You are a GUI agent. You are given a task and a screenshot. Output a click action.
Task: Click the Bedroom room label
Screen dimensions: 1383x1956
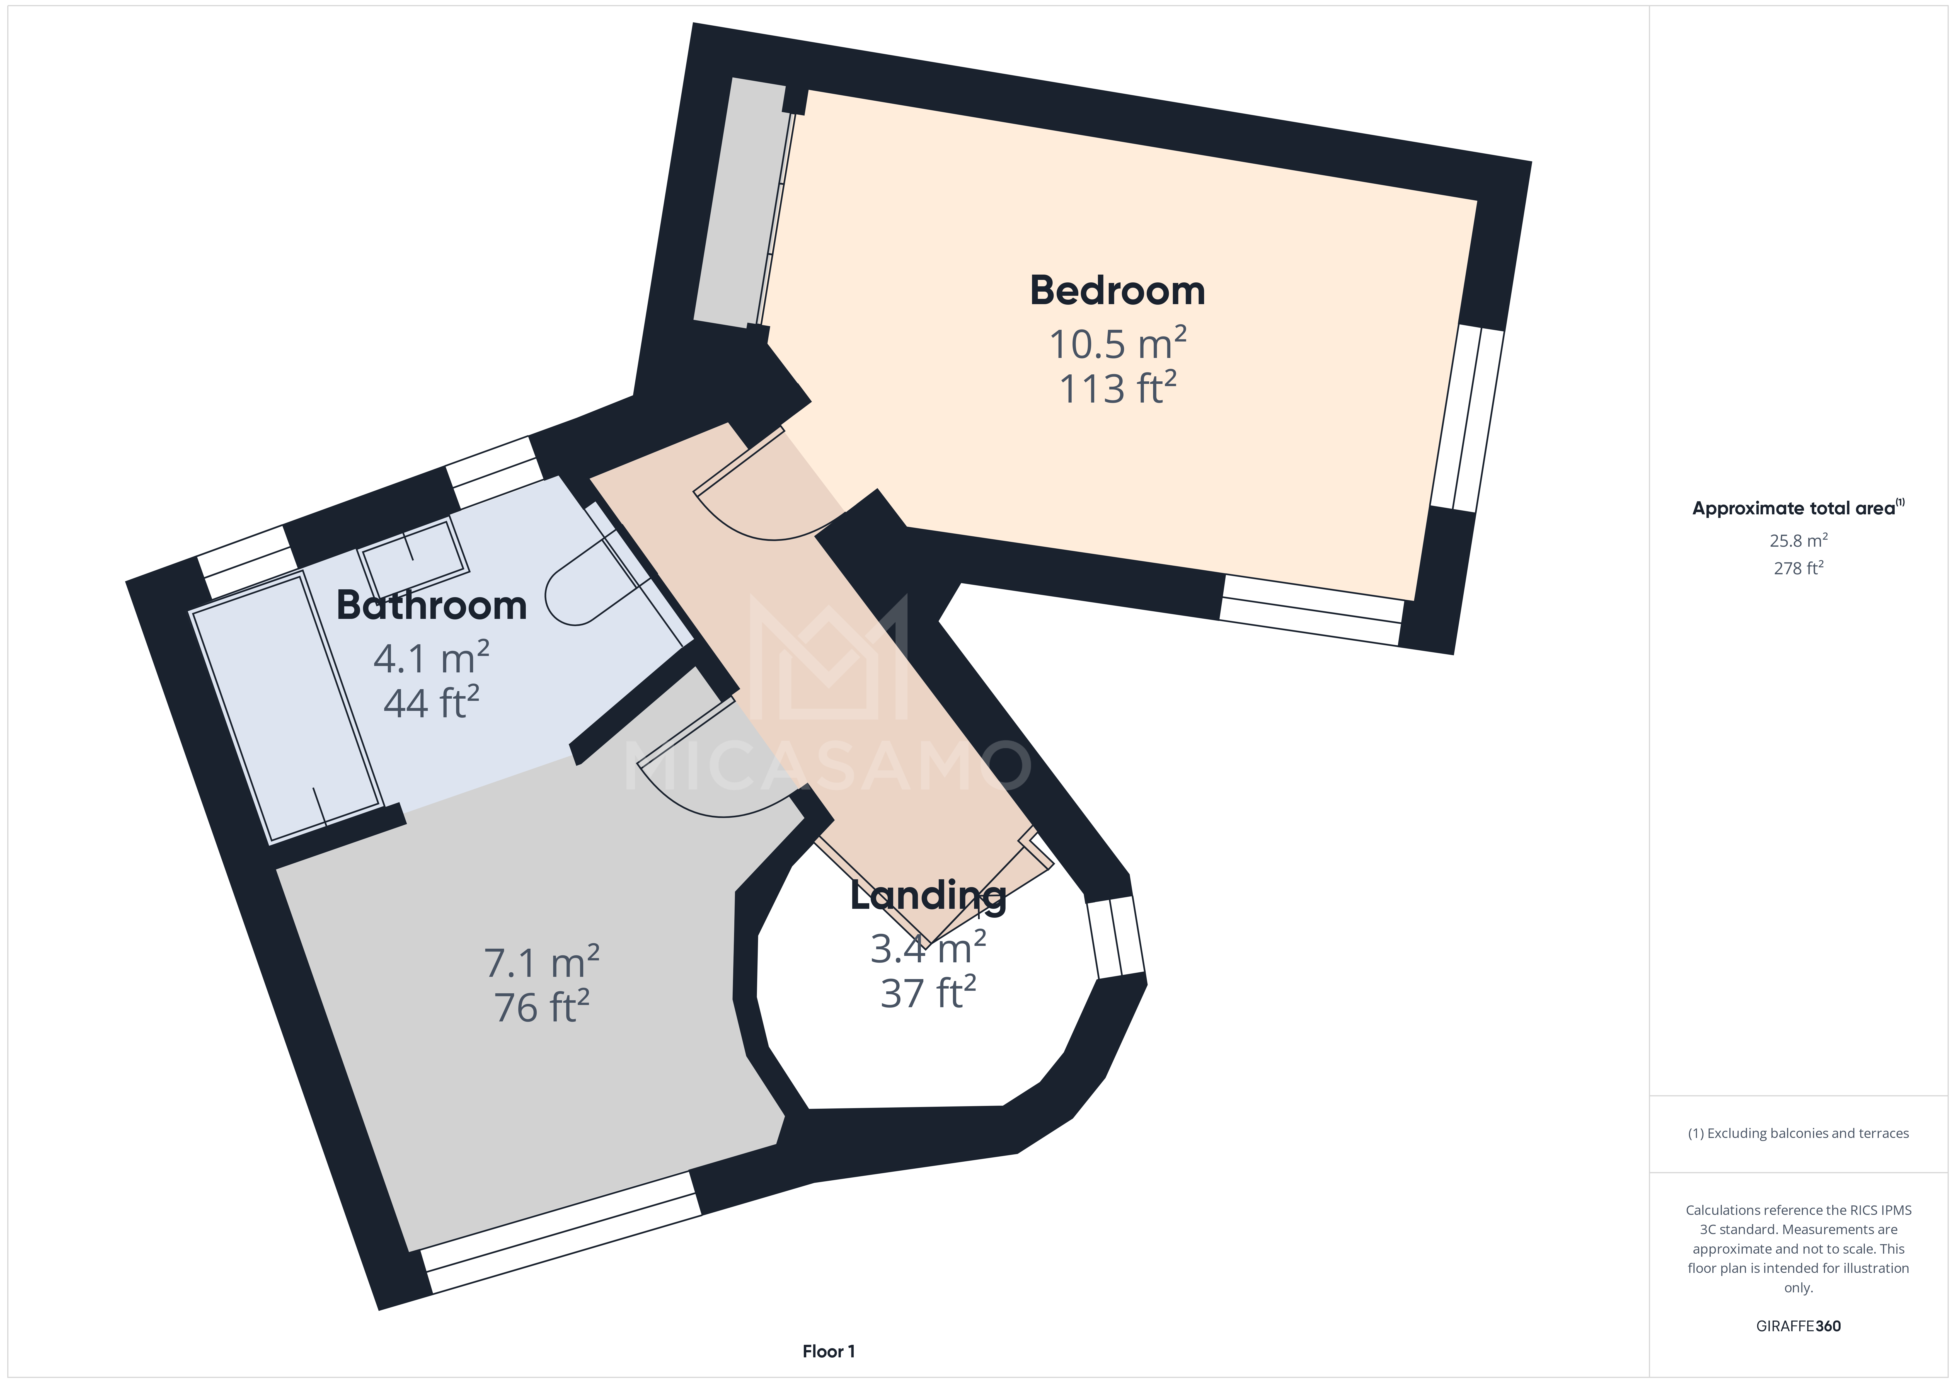1117,291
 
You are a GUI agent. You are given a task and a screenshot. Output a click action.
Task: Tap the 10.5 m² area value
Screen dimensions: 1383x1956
1117,344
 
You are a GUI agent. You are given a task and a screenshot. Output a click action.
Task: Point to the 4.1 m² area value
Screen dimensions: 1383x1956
431,659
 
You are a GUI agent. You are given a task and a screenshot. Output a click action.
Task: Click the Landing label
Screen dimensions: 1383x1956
928,896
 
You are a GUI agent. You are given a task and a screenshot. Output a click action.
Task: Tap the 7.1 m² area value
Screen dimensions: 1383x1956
542,963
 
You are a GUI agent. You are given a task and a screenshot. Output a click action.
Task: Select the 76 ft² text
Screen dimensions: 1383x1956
542,1007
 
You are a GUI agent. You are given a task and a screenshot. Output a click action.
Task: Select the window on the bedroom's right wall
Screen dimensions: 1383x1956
1467,419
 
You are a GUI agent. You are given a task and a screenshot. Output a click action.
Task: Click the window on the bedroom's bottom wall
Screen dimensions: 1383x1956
1312,610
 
